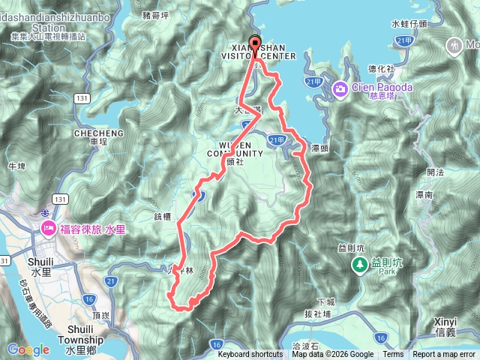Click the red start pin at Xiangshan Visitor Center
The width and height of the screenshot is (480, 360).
click(253, 43)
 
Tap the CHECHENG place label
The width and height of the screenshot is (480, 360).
click(93, 133)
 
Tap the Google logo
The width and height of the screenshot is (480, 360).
click(28, 349)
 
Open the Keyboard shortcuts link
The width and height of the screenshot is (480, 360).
click(250, 355)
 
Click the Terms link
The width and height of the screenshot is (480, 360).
click(393, 355)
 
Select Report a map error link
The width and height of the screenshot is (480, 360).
click(444, 355)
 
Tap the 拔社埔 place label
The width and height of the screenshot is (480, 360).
click(319, 312)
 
